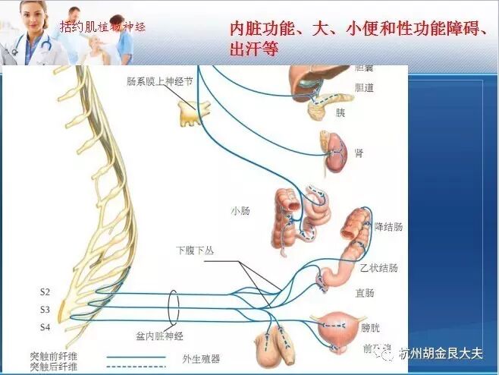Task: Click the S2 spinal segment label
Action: pyautogui.click(x=45, y=291)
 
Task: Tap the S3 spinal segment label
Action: pyautogui.click(x=45, y=309)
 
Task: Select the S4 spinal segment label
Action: pyautogui.click(x=45, y=327)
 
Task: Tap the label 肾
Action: pyautogui.click(x=359, y=153)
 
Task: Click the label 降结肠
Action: pyautogui.click(x=388, y=227)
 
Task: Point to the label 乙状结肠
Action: pyautogui.click(x=378, y=268)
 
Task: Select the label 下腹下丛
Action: pyautogui.click(x=191, y=249)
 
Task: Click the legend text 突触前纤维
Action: pyautogui.click(x=54, y=356)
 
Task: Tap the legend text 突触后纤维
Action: pyautogui.click(x=54, y=367)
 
